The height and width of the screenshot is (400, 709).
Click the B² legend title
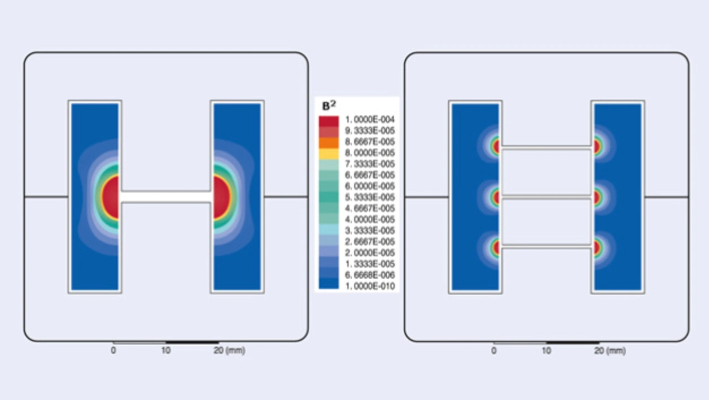click(329, 105)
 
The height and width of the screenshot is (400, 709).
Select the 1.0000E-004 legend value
click(369, 119)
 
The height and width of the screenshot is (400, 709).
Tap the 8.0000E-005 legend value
click(369, 153)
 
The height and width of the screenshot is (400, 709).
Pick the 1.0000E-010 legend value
click(369, 286)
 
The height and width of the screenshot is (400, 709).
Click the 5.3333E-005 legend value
click(369, 197)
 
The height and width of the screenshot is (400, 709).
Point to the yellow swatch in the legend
click(328, 154)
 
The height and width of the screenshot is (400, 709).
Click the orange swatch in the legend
click(328, 143)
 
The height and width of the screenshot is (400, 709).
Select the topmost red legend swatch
click(328, 121)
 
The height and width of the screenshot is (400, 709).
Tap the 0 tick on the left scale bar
click(113, 350)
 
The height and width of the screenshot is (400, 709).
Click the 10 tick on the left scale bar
click(166, 350)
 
